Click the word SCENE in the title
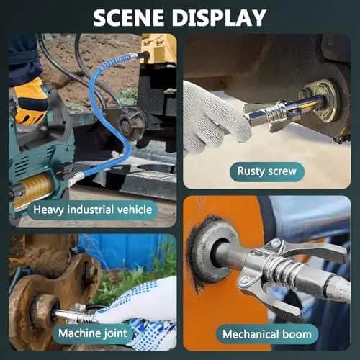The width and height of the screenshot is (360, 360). (129, 18)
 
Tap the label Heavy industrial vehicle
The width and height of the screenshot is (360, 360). (93, 210)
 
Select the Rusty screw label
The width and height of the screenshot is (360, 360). (267, 171)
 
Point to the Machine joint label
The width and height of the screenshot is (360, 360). (93, 333)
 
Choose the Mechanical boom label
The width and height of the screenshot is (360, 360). (267, 334)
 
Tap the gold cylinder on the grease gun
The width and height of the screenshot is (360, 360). (34, 189)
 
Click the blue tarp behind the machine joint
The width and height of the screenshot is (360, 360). (125, 251)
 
